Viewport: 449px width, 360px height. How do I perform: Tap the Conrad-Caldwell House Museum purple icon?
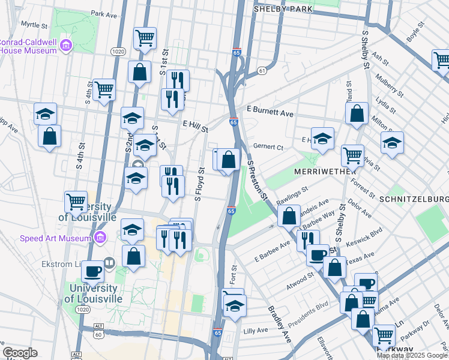point(65,44)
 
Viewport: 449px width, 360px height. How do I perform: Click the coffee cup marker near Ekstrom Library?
point(93,271)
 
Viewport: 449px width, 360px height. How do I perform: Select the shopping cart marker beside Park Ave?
point(145,38)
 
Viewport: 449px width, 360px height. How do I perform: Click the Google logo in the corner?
point(20,353)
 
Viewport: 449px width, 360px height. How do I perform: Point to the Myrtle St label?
point(34,25)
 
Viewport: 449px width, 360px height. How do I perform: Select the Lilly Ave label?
point(256,331)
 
